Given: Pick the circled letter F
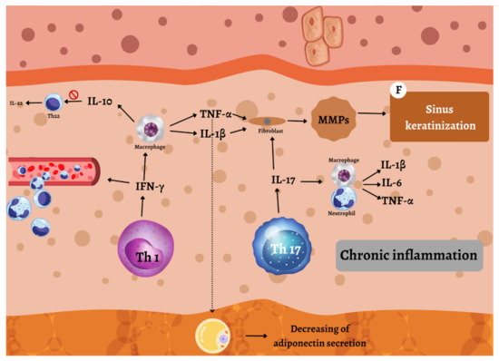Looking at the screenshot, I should [x=396, y=91].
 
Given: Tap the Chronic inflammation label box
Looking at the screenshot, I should [x=408, y=256].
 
